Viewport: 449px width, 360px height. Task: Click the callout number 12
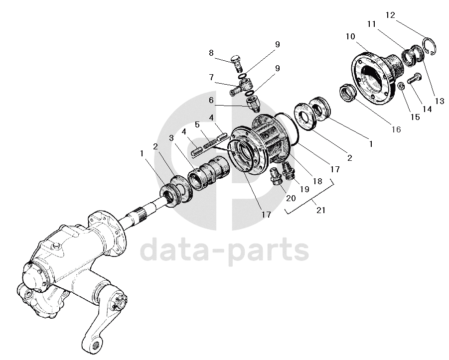(x=390, y=15)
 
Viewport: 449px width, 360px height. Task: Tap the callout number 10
(x=349, y=36)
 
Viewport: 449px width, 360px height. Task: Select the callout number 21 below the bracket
(x=320, y=210)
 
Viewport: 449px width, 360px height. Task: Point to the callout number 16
(x=396, y=129)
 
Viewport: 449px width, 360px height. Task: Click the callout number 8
(x=211, y=53)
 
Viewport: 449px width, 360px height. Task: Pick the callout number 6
(x=211, y=101)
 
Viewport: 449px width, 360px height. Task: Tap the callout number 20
(x=291, y=198)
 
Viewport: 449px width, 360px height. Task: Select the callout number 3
(x=171, y=138)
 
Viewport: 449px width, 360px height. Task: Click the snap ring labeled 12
(x=431, y=47)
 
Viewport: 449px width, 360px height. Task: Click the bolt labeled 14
(x=414, y=79)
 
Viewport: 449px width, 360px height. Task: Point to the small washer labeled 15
(x=400, y=87)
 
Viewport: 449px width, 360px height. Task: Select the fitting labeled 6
(x=253, y=104)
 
